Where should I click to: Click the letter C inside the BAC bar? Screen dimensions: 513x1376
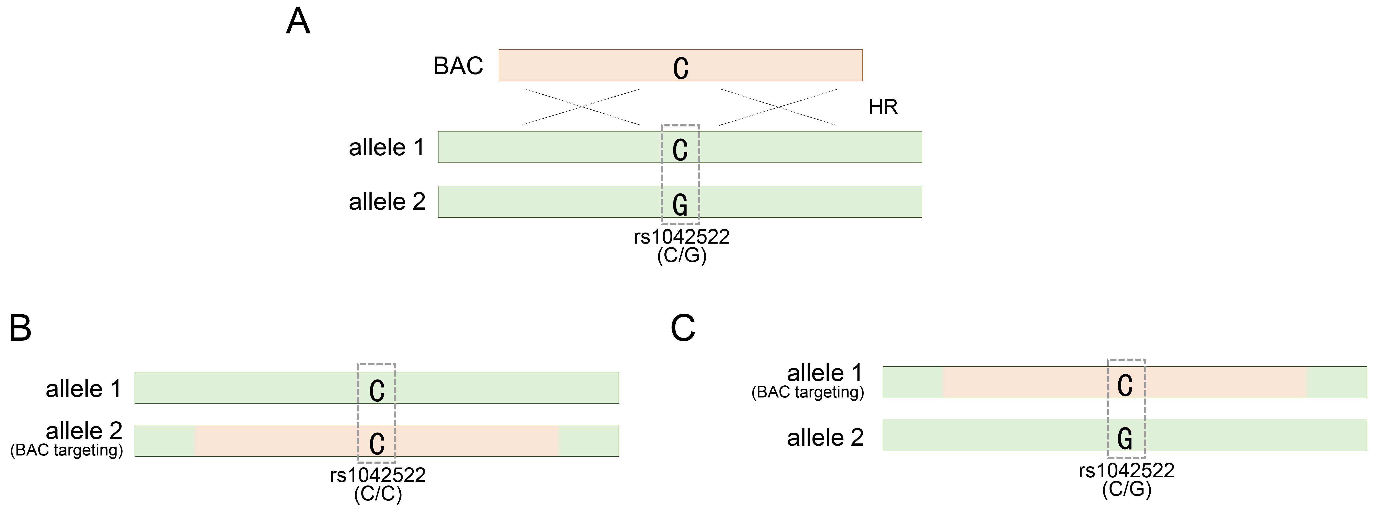[x=681, y=68]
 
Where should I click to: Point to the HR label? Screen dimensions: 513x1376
[x=883, y=107]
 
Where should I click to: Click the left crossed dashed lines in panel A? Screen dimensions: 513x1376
[x=582, y=107]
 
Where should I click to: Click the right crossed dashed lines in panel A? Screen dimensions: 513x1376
[x=778, y=107]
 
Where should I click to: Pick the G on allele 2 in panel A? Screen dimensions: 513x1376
[x=680, y=205]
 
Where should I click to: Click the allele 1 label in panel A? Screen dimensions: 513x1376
[x=387, y=147]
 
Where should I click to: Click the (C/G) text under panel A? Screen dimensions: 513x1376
[x=682, y=256]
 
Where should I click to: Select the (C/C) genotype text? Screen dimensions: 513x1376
[x=378, y=494]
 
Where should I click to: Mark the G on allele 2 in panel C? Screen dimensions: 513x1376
[x=1125, y=438]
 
